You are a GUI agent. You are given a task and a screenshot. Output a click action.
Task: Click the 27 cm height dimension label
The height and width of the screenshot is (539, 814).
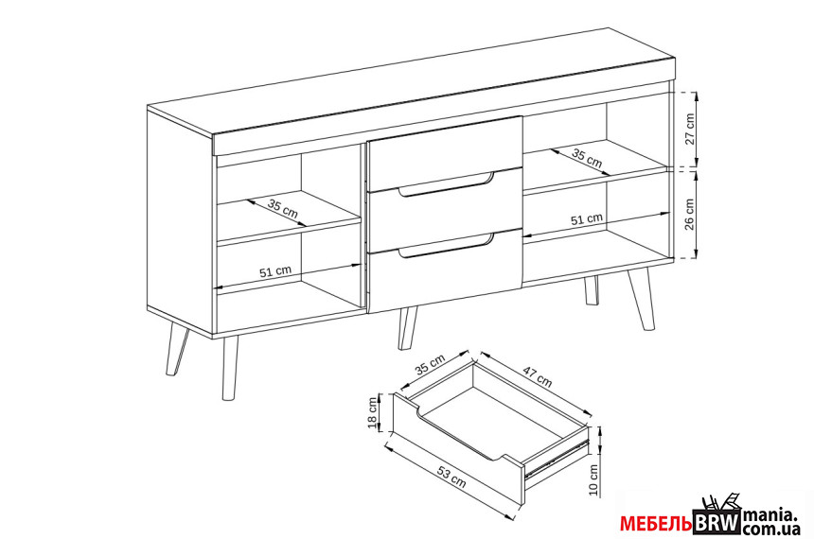689,129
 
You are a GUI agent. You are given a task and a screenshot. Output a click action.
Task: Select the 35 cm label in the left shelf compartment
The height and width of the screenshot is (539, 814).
283,208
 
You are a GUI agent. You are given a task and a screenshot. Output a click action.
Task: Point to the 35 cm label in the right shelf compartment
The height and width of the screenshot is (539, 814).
587,157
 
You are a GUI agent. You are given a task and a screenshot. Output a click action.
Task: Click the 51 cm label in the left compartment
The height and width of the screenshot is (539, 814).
275,271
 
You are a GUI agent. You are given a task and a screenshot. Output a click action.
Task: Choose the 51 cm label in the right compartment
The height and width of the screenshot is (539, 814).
587,219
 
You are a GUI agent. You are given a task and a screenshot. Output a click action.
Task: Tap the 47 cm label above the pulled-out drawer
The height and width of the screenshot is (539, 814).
537,376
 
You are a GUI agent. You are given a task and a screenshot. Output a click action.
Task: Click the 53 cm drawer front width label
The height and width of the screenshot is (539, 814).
451,477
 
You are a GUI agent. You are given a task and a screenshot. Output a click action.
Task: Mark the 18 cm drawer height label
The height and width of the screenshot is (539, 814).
372,413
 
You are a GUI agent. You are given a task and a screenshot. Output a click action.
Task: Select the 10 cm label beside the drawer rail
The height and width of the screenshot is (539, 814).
593,479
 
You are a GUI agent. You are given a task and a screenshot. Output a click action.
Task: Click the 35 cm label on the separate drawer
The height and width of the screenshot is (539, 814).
430,364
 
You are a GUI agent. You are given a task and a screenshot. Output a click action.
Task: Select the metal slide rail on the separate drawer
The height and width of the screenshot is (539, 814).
557,457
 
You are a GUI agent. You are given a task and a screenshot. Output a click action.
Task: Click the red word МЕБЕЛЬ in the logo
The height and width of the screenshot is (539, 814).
656,524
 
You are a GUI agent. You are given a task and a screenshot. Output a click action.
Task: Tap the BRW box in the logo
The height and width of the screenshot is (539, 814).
717,522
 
